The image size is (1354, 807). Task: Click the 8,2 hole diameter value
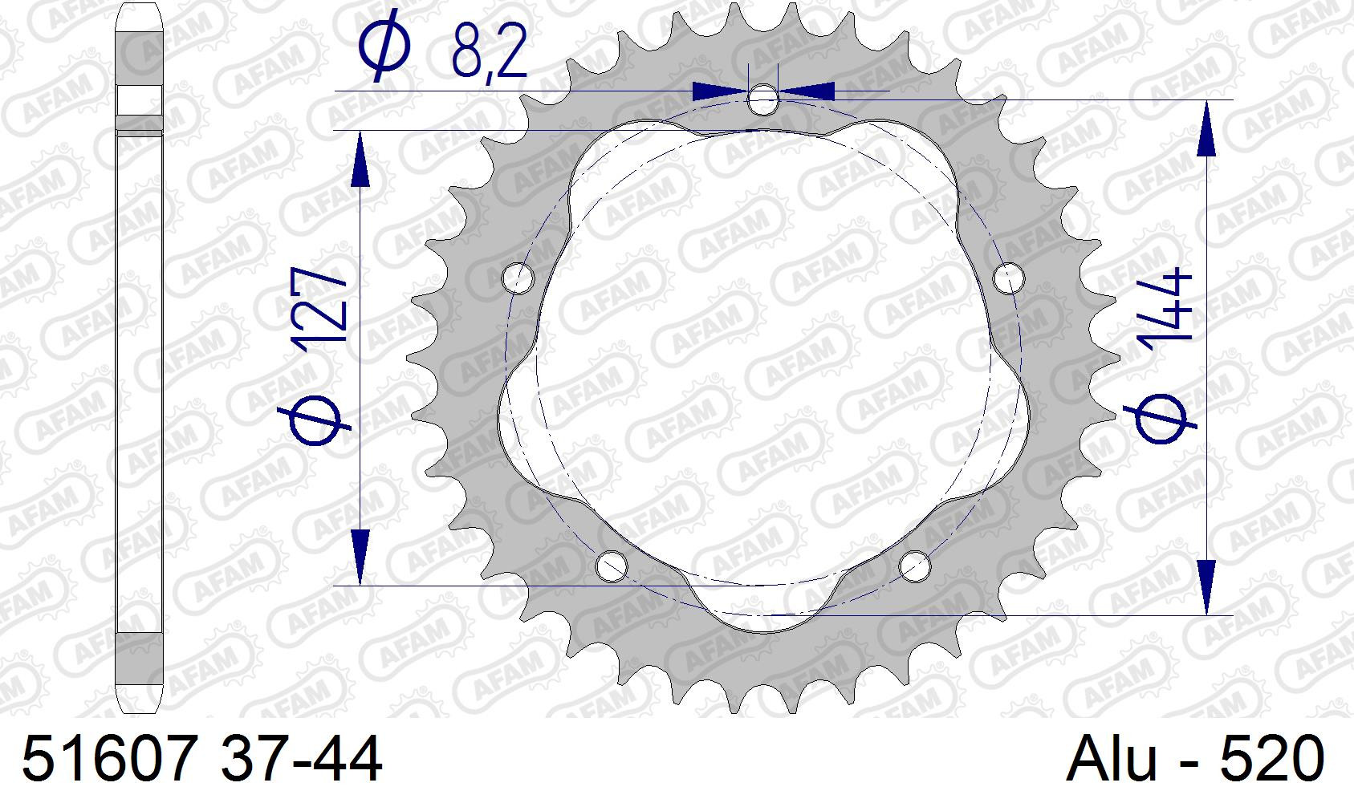490,53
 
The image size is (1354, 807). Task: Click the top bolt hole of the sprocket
762,99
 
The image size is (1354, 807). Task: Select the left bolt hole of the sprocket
518,278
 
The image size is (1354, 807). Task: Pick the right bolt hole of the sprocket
1008,278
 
